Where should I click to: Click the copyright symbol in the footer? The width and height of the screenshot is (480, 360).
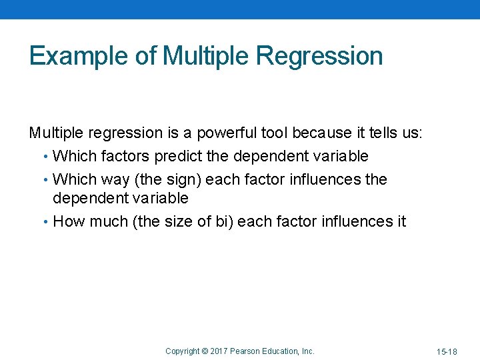tap(205, 351)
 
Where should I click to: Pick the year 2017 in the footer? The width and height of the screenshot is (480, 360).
tap(219, 351)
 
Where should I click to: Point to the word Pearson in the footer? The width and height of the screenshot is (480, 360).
tap(247, 351)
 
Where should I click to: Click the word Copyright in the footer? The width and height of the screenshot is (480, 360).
tap(183, 351)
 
